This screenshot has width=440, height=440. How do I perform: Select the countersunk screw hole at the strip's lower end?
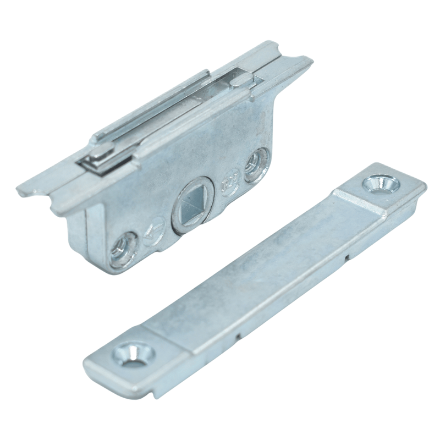[x=133, y=350]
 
